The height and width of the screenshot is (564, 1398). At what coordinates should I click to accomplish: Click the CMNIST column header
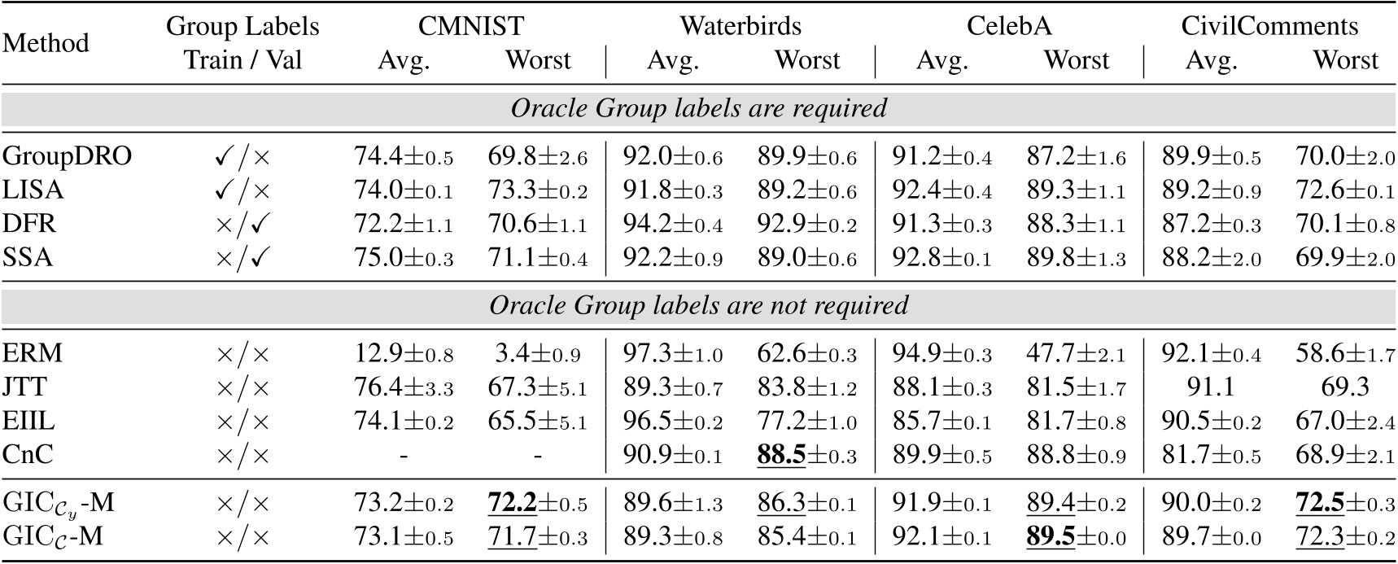pyautogui.click(x=470, y=25)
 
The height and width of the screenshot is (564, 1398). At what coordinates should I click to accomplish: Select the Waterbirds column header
pyautogui.click(x=741, y=25)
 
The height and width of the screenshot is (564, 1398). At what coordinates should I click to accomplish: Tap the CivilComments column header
pyautogui.click(x=1269, y=25)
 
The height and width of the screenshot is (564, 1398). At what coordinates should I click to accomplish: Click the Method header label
pyautogui.click(x=46, y=42)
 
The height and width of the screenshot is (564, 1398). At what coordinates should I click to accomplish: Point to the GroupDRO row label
pyautogui.click(x=67, y=155)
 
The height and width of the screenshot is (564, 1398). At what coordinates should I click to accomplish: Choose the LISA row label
pyautogui.click(x=33, y=190)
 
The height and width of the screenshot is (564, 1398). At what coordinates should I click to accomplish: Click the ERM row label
pyautogui.click(x=33, y=354)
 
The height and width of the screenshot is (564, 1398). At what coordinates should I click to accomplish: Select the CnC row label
pyautogui.click(x=28, y=454)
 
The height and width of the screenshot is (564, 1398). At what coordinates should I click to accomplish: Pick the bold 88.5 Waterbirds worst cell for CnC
pyautogui.click(x=806, y=455)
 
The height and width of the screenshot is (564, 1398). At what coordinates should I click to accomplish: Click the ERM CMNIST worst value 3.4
pyautogui.click(x=537, y=354)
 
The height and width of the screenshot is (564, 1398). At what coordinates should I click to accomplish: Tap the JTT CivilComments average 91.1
pyautogui.click(x=1211, y=387)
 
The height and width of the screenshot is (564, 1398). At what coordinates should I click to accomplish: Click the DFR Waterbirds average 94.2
pyautogui.click(x=673, y=224)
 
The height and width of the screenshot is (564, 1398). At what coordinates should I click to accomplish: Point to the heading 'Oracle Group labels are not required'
pyautogui.click(x=698, y=305)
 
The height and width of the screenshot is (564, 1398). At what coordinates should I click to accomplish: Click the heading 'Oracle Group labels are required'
pyautogui.click(x=698, y=108)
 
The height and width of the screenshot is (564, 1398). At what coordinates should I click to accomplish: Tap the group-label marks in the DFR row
pyautogui.click(x=242, y=224)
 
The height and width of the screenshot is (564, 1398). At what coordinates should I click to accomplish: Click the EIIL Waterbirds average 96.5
pyautogui.click(x=673, y=422)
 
